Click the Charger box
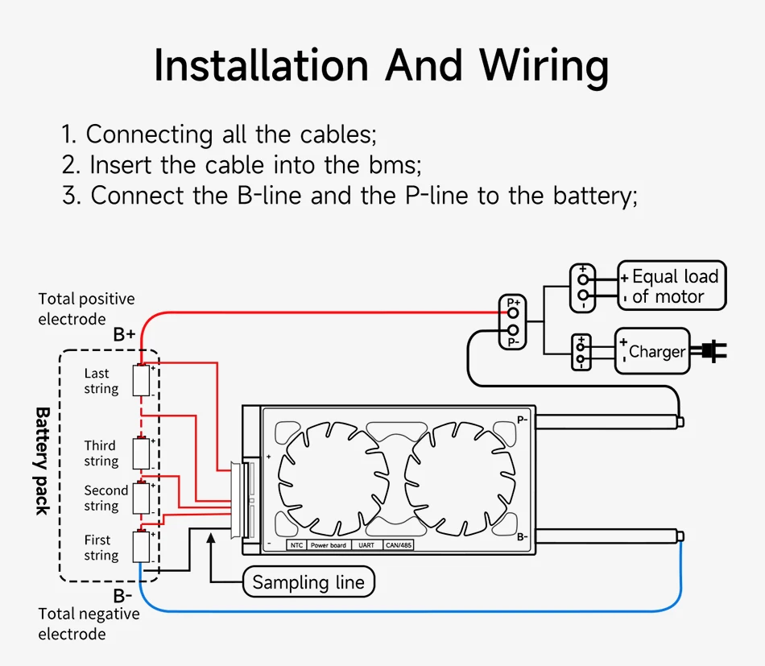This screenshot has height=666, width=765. coord(652,351)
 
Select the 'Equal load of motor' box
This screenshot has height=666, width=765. coord(672,286)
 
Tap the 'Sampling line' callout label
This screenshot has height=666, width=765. coord(308,582)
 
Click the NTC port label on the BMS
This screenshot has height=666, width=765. coord(296,545)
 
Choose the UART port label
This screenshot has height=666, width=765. coord(366,545)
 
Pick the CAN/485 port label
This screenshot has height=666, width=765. coord(398,545)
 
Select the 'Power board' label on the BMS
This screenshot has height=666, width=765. coord(328,545)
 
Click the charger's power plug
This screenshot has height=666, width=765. coord(713,350)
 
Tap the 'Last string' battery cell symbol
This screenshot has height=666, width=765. coord(143,380)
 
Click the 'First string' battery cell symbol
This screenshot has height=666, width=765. coord(143,547)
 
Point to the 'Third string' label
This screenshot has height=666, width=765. coord(101,453)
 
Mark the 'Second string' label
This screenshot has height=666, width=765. coord(105,498)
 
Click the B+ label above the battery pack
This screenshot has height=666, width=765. coord(124,334)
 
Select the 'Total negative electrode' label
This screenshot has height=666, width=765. coord(89,623)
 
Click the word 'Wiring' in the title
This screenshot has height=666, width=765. coord(544,66)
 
